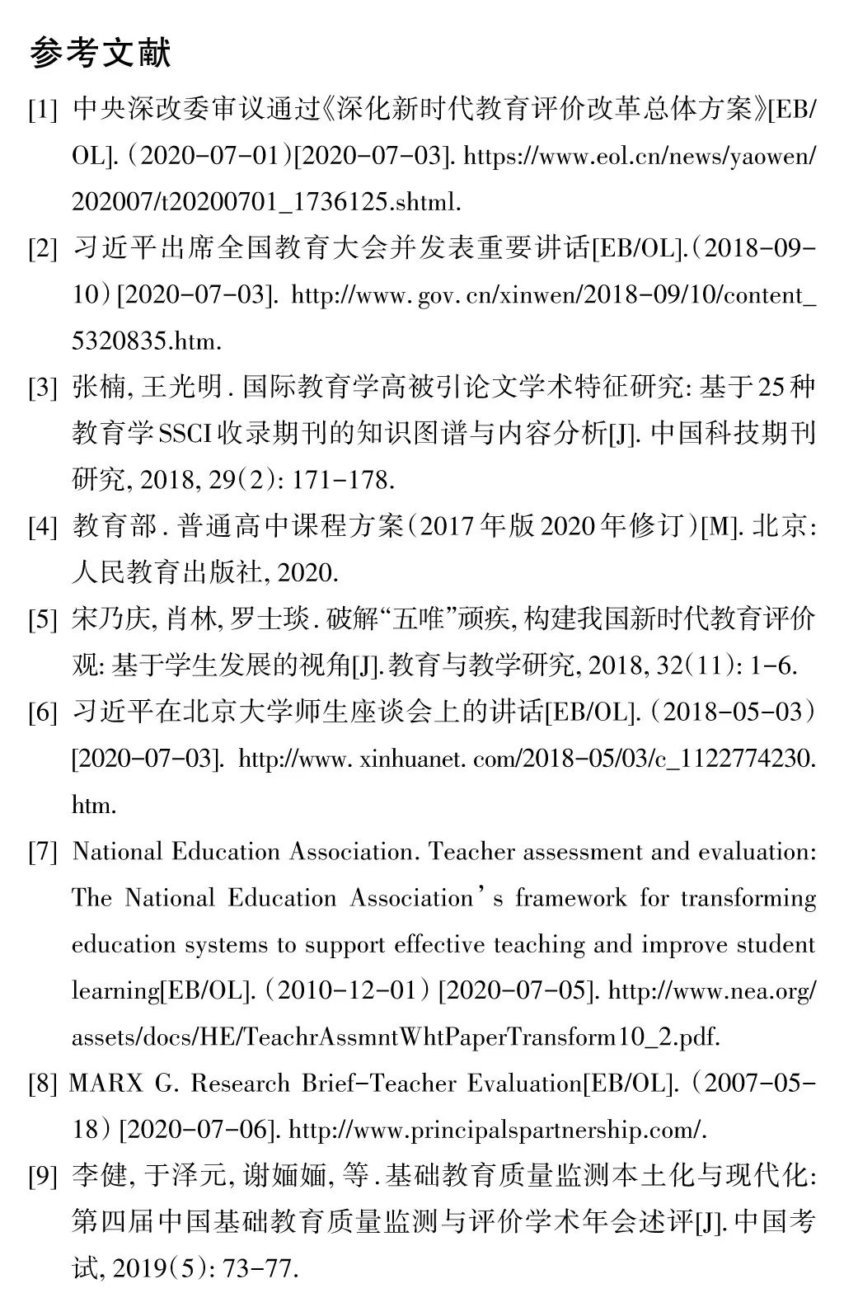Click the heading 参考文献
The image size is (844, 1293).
(x=101, y=54)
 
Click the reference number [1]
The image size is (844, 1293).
(x=43, y=110)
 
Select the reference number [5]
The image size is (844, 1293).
(x=43, y=620)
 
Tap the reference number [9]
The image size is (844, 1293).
(x=43, y=1177)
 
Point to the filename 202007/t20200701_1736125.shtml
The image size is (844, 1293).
(x=266, y=202)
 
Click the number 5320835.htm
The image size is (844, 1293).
(x=147, y=341)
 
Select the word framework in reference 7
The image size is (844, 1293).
(x=570, y=898)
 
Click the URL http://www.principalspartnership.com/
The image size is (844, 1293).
(x=498, y=1130)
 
